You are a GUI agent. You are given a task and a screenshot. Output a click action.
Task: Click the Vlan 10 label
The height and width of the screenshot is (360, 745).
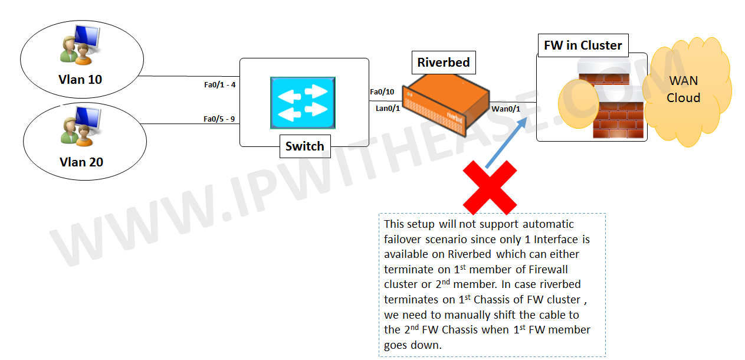click(x=80, y=79)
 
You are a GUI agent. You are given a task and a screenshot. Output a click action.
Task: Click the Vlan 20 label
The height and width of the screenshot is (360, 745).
click(x=81, y=161)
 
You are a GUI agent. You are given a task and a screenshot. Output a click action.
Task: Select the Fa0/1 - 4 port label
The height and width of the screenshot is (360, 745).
click(x=219, y=85)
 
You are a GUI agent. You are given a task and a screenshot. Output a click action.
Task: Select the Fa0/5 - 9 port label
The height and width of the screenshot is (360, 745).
click(x=219, y=119)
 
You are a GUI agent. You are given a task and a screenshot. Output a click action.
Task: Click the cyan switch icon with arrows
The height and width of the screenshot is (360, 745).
click(x=303, y=102)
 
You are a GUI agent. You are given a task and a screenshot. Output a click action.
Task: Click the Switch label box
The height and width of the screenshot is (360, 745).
click(x=304, y=146)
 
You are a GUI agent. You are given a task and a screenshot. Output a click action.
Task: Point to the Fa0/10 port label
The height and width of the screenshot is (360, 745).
click(x=382, y=92)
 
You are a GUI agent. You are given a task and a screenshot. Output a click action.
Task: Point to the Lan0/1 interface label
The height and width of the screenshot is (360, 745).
click(x=388, y=107)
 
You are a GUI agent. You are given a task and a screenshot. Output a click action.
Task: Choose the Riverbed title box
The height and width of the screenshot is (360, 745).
click(x=443, y=63)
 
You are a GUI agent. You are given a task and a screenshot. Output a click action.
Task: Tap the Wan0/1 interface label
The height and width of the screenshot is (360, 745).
click(x=506, y=109)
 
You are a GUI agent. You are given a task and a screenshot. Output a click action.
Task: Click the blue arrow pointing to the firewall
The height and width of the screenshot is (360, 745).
click(x=506, y=142)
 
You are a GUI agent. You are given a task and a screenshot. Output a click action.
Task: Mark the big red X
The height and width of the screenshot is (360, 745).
click(x=490, y=188)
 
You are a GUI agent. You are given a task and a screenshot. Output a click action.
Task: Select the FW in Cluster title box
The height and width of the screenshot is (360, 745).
click(x=583, y=45)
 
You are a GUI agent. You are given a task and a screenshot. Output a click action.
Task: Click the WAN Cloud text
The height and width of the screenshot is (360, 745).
click(x=683, y=89)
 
